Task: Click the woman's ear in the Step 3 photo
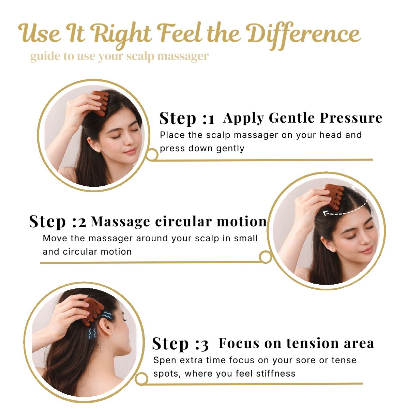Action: (106, 326)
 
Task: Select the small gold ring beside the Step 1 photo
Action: (152, 154)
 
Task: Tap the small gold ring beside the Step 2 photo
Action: (265, 257)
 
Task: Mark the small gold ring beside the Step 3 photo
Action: (141, 379)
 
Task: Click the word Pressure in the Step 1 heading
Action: (351, 118)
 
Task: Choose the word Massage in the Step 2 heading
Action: (121, 222)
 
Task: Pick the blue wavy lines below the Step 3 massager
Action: (92, 333)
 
